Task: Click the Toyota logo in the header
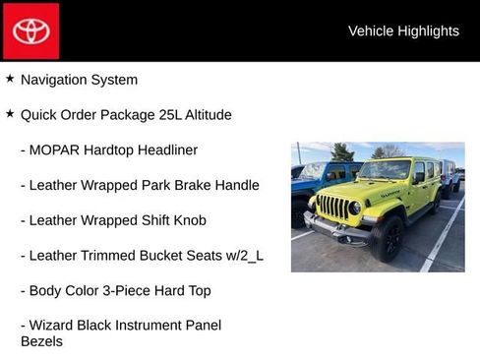click(30, 30)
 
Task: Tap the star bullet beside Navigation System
click(10, 79)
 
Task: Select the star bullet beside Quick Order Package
click(10, 114)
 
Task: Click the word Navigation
click(54, 80)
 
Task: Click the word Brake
click(182, 186)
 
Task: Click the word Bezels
click(41, 341)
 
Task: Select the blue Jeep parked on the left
click(307, 187)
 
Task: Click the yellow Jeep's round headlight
click(354, 208)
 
